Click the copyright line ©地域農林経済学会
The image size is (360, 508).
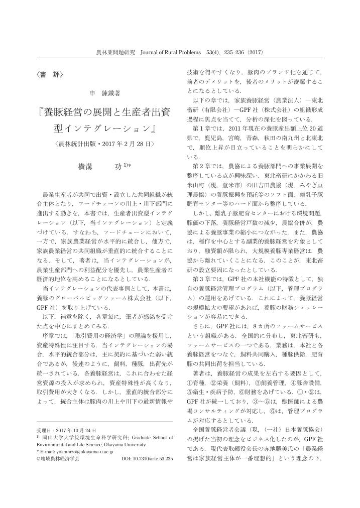pos(58,459)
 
